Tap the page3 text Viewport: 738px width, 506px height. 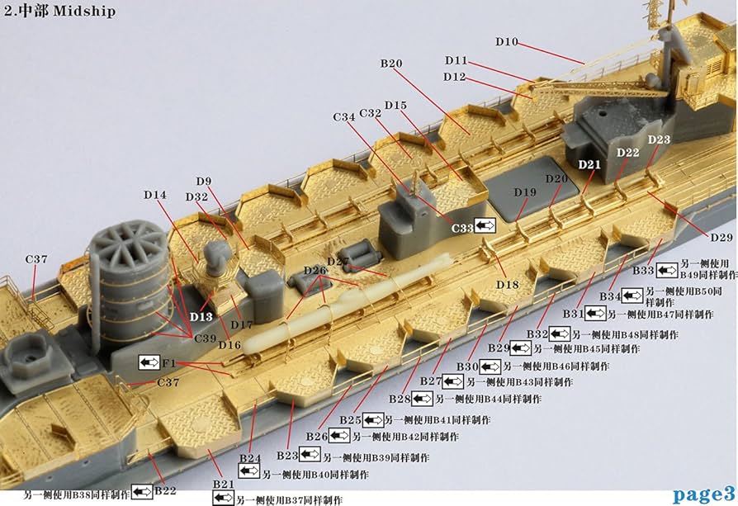point(703,494)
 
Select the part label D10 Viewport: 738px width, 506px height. point(507,41)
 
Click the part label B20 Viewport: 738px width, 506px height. point(391,63)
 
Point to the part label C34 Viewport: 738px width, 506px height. point(344,117)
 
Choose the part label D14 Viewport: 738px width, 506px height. point(154,195)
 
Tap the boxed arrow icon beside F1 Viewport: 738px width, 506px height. point(149,362)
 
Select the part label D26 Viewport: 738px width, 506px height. point(315,270)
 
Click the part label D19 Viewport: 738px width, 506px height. point(525,192)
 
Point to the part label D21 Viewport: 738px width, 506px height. point(589,164)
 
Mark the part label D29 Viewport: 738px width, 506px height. point(721,237)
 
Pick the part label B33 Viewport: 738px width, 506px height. point(643,270)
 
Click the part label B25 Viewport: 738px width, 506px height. point(351,420)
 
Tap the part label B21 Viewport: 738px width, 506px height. point(224,483)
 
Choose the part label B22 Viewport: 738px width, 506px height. point(165,490)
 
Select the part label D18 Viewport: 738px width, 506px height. point(508,284)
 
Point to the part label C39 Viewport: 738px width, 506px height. point(206,338)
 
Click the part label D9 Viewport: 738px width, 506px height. point(204,181)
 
